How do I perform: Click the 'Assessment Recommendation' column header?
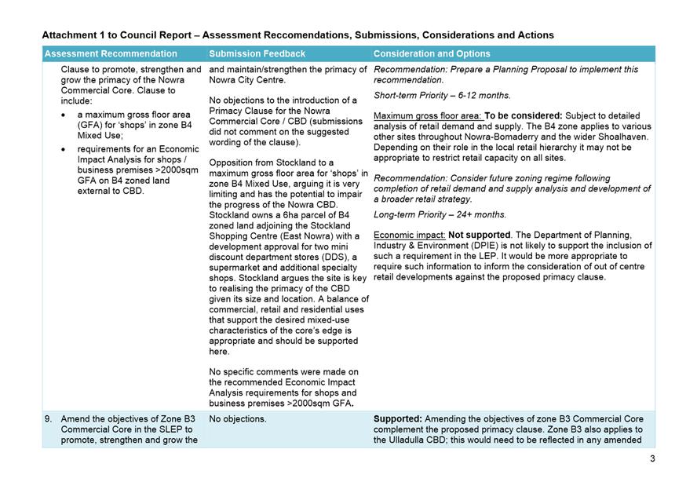(x=111, y=54)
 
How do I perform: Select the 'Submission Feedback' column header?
(x=257, y=54)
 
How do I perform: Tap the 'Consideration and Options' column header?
(x=432, y=54)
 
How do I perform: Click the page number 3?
(x=651, y=458)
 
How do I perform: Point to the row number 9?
(x=49, y=419)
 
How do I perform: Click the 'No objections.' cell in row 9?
(x=238, y=419)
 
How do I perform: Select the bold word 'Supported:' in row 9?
(x=398, y=419)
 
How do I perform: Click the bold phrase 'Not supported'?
(x=479, y=235)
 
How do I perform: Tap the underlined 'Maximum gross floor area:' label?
(x=427, y=116)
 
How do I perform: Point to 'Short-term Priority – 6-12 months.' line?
(x=442, y=96)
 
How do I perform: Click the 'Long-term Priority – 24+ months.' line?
(x=440, y=214)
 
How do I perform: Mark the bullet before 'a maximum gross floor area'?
(x=64, y=115)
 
